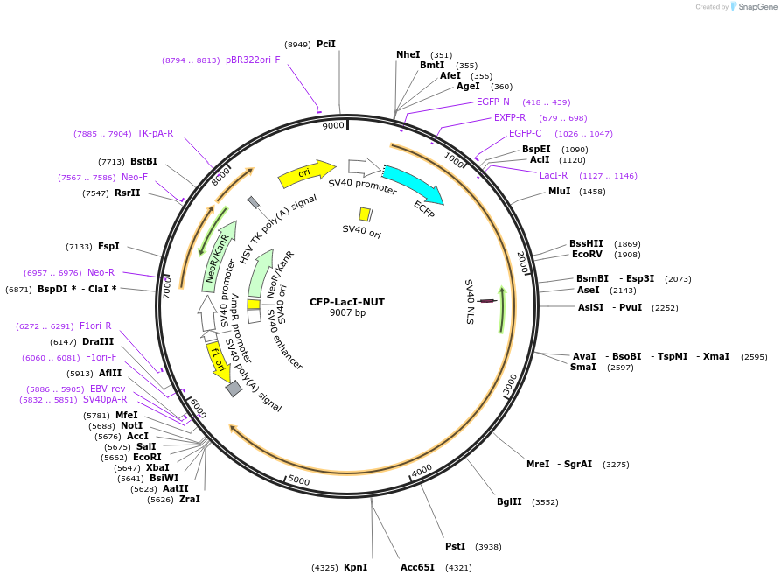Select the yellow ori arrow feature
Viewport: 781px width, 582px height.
click(306, 173)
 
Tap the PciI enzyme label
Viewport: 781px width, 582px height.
click(326, 44)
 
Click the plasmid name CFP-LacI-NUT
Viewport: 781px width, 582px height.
click(347, 302)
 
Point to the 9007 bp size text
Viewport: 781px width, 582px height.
click(347, 313)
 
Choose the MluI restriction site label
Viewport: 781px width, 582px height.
click(559, 191)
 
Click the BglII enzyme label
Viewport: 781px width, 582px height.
click(509, 502)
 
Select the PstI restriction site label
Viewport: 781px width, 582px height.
click(455, 546)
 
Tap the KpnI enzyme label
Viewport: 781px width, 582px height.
click(355, 568)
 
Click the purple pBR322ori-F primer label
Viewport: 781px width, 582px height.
click(253, 60)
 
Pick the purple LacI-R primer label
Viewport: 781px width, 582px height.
click(553, 175)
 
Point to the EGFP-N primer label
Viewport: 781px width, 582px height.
click(492, 102)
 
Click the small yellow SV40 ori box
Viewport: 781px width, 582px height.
click(365, 214)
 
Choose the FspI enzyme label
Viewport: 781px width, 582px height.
click(108, 247)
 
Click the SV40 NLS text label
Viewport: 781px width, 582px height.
click(469, 302)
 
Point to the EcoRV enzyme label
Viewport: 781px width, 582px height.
click(587, 255)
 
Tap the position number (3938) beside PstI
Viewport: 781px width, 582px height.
click(488, 547)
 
